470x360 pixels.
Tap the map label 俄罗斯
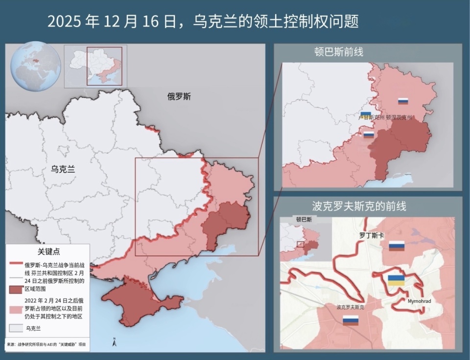(179, 97)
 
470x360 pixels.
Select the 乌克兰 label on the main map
(64, 170)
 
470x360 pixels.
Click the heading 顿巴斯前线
(339, 52)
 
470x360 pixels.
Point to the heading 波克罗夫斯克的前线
(359, 206)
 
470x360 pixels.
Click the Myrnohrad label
(419, 301)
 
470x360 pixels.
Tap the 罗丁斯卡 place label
(372, 235)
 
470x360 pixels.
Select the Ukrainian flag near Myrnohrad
(396, 280)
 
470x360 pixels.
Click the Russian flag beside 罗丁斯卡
(397, 246)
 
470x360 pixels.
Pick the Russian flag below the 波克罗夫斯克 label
(350, 321)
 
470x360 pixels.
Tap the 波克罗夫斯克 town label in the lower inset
(350, 308)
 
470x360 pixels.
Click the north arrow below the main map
(114, 342)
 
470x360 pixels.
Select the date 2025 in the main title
(65, 22)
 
